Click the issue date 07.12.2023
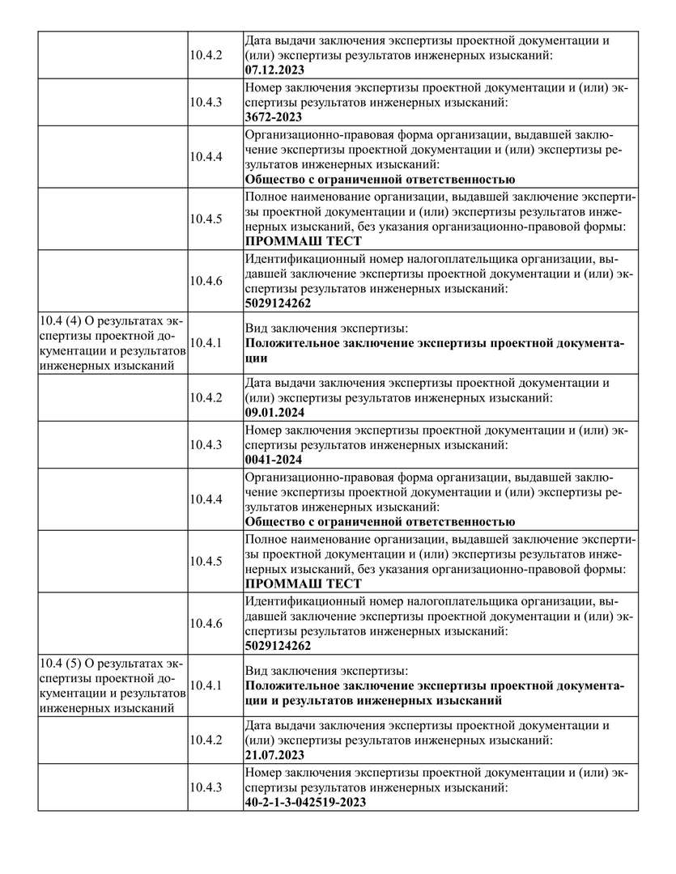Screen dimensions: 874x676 coord(274,70)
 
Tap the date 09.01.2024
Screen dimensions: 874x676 coord(274,412)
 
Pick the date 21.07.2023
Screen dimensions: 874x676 coord(274,754)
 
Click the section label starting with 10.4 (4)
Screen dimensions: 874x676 coord(112,343)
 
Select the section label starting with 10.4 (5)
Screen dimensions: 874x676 coord(112,685)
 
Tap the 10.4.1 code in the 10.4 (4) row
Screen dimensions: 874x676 coord(206,343)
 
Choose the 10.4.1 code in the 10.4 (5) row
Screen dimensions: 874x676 coord(206,685)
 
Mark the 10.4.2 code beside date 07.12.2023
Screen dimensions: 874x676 coord(206,54)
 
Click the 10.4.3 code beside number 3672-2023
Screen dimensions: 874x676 coord(206,101)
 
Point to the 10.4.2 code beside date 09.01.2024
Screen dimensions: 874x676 coord(206,397)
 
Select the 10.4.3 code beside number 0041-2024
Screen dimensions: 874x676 coord(206,444)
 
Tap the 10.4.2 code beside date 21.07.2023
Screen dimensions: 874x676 coord(206,739)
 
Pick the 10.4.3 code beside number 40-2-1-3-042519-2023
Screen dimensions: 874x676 coord(206,787)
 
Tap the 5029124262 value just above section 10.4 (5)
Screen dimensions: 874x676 coord(278,646)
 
